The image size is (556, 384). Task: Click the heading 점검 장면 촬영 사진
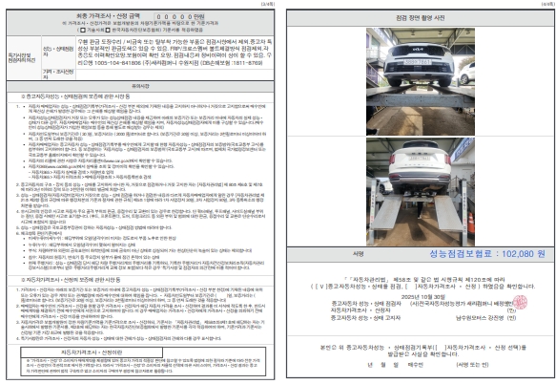pos(419,18)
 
